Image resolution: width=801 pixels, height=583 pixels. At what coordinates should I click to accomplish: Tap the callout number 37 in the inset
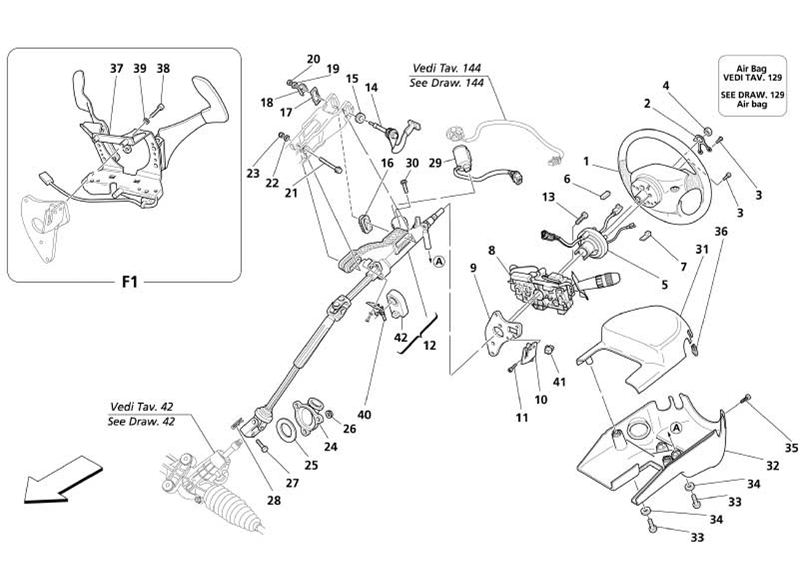[116, 69]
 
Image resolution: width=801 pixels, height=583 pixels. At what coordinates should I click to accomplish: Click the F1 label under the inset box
[129, 281]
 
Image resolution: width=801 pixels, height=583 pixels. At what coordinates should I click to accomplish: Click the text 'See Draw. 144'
[447, 83]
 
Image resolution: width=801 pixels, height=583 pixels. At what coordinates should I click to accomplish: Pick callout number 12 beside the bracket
[430, 345]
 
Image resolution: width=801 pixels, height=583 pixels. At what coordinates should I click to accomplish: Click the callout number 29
[435, 164]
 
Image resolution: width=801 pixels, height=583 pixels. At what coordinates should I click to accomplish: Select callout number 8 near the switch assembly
[492, 251]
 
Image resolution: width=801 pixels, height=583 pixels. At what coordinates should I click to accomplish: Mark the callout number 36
[720, 232]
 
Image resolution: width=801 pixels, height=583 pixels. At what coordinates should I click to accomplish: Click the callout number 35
[792, 448]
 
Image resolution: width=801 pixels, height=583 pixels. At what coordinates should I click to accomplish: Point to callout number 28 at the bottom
[274, 501]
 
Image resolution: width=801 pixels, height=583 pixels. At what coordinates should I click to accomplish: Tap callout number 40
[364, 415]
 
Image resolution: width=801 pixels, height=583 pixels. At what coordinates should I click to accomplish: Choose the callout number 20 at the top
[313, 59]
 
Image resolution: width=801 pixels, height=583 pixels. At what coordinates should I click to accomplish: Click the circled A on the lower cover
[676, 428]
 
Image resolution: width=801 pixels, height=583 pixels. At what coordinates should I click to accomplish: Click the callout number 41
[559, 381]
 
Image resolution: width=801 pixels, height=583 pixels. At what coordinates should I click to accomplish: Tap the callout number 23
[253, 174]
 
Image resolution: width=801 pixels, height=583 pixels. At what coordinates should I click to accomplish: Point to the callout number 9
[473, 268]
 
